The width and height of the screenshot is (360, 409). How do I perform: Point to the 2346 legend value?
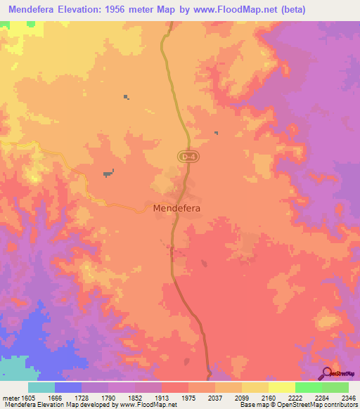[x=349, y=398]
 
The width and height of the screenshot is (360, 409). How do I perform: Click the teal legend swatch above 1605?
[x=41, y=387]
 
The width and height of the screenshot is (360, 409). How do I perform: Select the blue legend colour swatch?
[x=67, y=387]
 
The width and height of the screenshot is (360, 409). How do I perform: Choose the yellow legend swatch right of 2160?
[x=281, y=387]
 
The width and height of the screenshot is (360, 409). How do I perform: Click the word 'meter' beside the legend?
[x=11, y=398]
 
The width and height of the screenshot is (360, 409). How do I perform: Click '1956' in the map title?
[x=127, y=10]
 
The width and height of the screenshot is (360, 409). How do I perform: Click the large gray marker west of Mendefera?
[x=108, y=172]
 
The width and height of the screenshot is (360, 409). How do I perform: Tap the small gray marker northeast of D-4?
[x=216, y=133]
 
